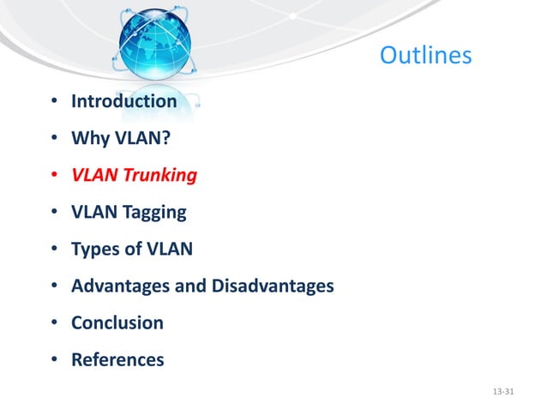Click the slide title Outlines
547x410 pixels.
click(x=425, y=56)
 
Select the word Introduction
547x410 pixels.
click(x=123, y=101)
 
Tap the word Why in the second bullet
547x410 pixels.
click(x=88, y=138)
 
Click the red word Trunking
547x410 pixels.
click(x=159, y=175)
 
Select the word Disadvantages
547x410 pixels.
click(x=272, y=286)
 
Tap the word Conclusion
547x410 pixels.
click(x=117, y=323)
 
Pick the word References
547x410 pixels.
click(x=117, y=360)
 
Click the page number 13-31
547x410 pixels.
click(x=505, y=392)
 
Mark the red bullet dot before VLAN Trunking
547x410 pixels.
click(x=53, y=176)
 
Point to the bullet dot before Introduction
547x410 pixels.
click(x=53, y=102)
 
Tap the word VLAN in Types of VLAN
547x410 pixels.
click(x=171, y=250)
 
